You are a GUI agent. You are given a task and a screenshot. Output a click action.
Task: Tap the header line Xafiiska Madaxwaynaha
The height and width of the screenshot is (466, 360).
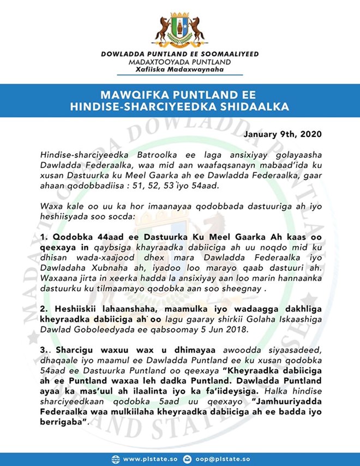point(179,69)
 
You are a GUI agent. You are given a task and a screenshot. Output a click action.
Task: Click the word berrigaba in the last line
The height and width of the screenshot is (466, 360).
point(61,423)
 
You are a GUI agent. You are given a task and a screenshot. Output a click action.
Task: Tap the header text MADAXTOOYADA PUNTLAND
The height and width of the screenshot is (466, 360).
point(179,62)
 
